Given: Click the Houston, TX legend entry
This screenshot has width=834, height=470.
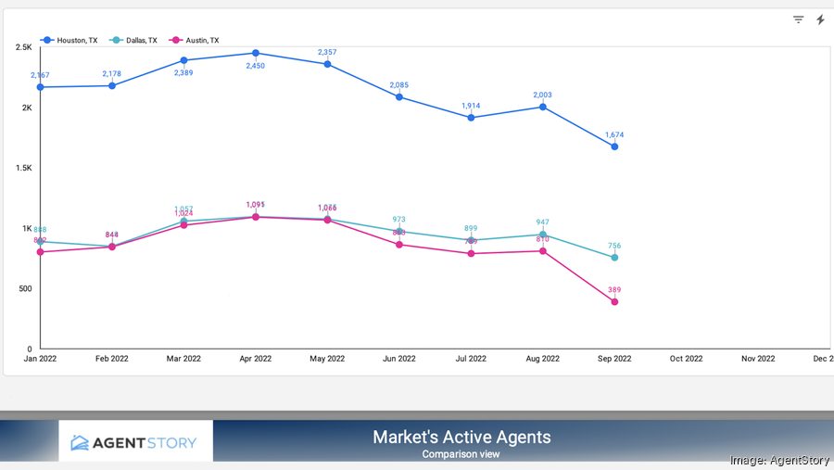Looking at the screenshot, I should tap(69, 40).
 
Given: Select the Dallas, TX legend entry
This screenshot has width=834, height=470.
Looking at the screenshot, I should tap(133, 40).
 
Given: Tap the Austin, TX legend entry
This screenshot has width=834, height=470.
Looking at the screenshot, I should tap(195, 40).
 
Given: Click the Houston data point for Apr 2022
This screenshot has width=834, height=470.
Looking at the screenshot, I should tap(256, 53).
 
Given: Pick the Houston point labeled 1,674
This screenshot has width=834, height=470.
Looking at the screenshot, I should tap(614, 146).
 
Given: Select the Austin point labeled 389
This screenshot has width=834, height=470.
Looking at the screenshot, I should tap(614, 302).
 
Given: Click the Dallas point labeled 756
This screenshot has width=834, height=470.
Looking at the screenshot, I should tap(614, 258).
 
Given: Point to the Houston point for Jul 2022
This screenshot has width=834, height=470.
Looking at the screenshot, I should tap(471, 118).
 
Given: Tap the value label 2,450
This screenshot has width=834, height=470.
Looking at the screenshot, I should tap(256, 66).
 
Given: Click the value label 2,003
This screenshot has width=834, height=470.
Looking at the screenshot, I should tap(543, 95).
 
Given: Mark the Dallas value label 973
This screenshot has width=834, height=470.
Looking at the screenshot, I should tap(398, 220).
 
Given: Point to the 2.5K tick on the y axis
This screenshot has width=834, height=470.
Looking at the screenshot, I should tap(23, 47).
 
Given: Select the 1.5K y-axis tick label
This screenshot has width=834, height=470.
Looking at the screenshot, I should tap(23, 168).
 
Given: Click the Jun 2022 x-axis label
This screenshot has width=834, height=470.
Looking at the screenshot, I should tap(398, 359).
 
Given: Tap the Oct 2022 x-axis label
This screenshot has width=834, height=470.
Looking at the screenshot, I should tap(686, 359).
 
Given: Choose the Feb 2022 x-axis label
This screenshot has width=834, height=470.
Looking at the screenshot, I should tap(112, 359).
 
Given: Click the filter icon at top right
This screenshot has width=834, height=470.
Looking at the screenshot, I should tap(798, 19).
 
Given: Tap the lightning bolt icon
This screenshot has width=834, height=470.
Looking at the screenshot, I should tap(820, 19).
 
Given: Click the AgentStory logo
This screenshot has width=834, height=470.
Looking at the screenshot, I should tap(135, 442).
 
